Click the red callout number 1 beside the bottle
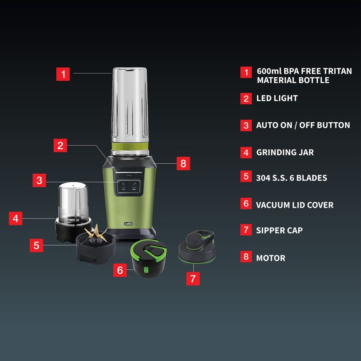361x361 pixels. point(63,74)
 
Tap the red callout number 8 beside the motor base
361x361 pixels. point(183,163)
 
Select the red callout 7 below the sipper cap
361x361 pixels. point(193,278)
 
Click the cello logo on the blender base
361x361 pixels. point(128,223)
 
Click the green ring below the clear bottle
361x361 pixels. point(130,146)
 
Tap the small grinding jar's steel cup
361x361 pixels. point(73,203)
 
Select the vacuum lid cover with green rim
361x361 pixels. point(148,258)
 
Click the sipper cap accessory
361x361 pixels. point(197,247)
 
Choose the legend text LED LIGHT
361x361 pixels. point(277,98)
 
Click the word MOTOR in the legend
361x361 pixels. point(271,258)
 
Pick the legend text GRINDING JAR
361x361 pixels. point(285,152)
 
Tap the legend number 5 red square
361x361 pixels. point(246,176)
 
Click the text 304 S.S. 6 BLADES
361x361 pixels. point(292,178)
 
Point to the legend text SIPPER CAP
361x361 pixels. point(279,230)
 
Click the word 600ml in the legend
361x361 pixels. point(269,71)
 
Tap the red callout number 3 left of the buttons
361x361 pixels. point(39,180)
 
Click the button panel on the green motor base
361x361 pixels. point(129,186)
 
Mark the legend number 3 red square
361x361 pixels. point(246,125)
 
